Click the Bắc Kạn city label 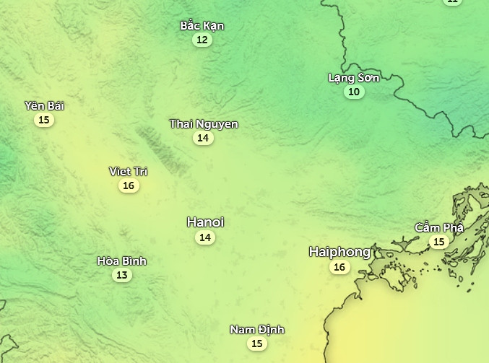202,26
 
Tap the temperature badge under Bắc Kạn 202,40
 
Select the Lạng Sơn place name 354,78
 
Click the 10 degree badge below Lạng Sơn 354,92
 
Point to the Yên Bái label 44,106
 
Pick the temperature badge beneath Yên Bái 44,120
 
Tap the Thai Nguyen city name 204,124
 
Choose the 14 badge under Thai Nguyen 203,138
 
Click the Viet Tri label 129,172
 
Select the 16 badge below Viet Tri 129,185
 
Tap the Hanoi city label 205,222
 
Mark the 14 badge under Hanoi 205,237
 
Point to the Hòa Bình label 122,261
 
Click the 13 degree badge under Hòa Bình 122,275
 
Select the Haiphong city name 339,252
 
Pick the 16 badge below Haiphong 339,267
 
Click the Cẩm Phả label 438,228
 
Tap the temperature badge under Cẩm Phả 438,242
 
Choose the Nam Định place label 257,330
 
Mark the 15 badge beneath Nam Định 257,344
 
